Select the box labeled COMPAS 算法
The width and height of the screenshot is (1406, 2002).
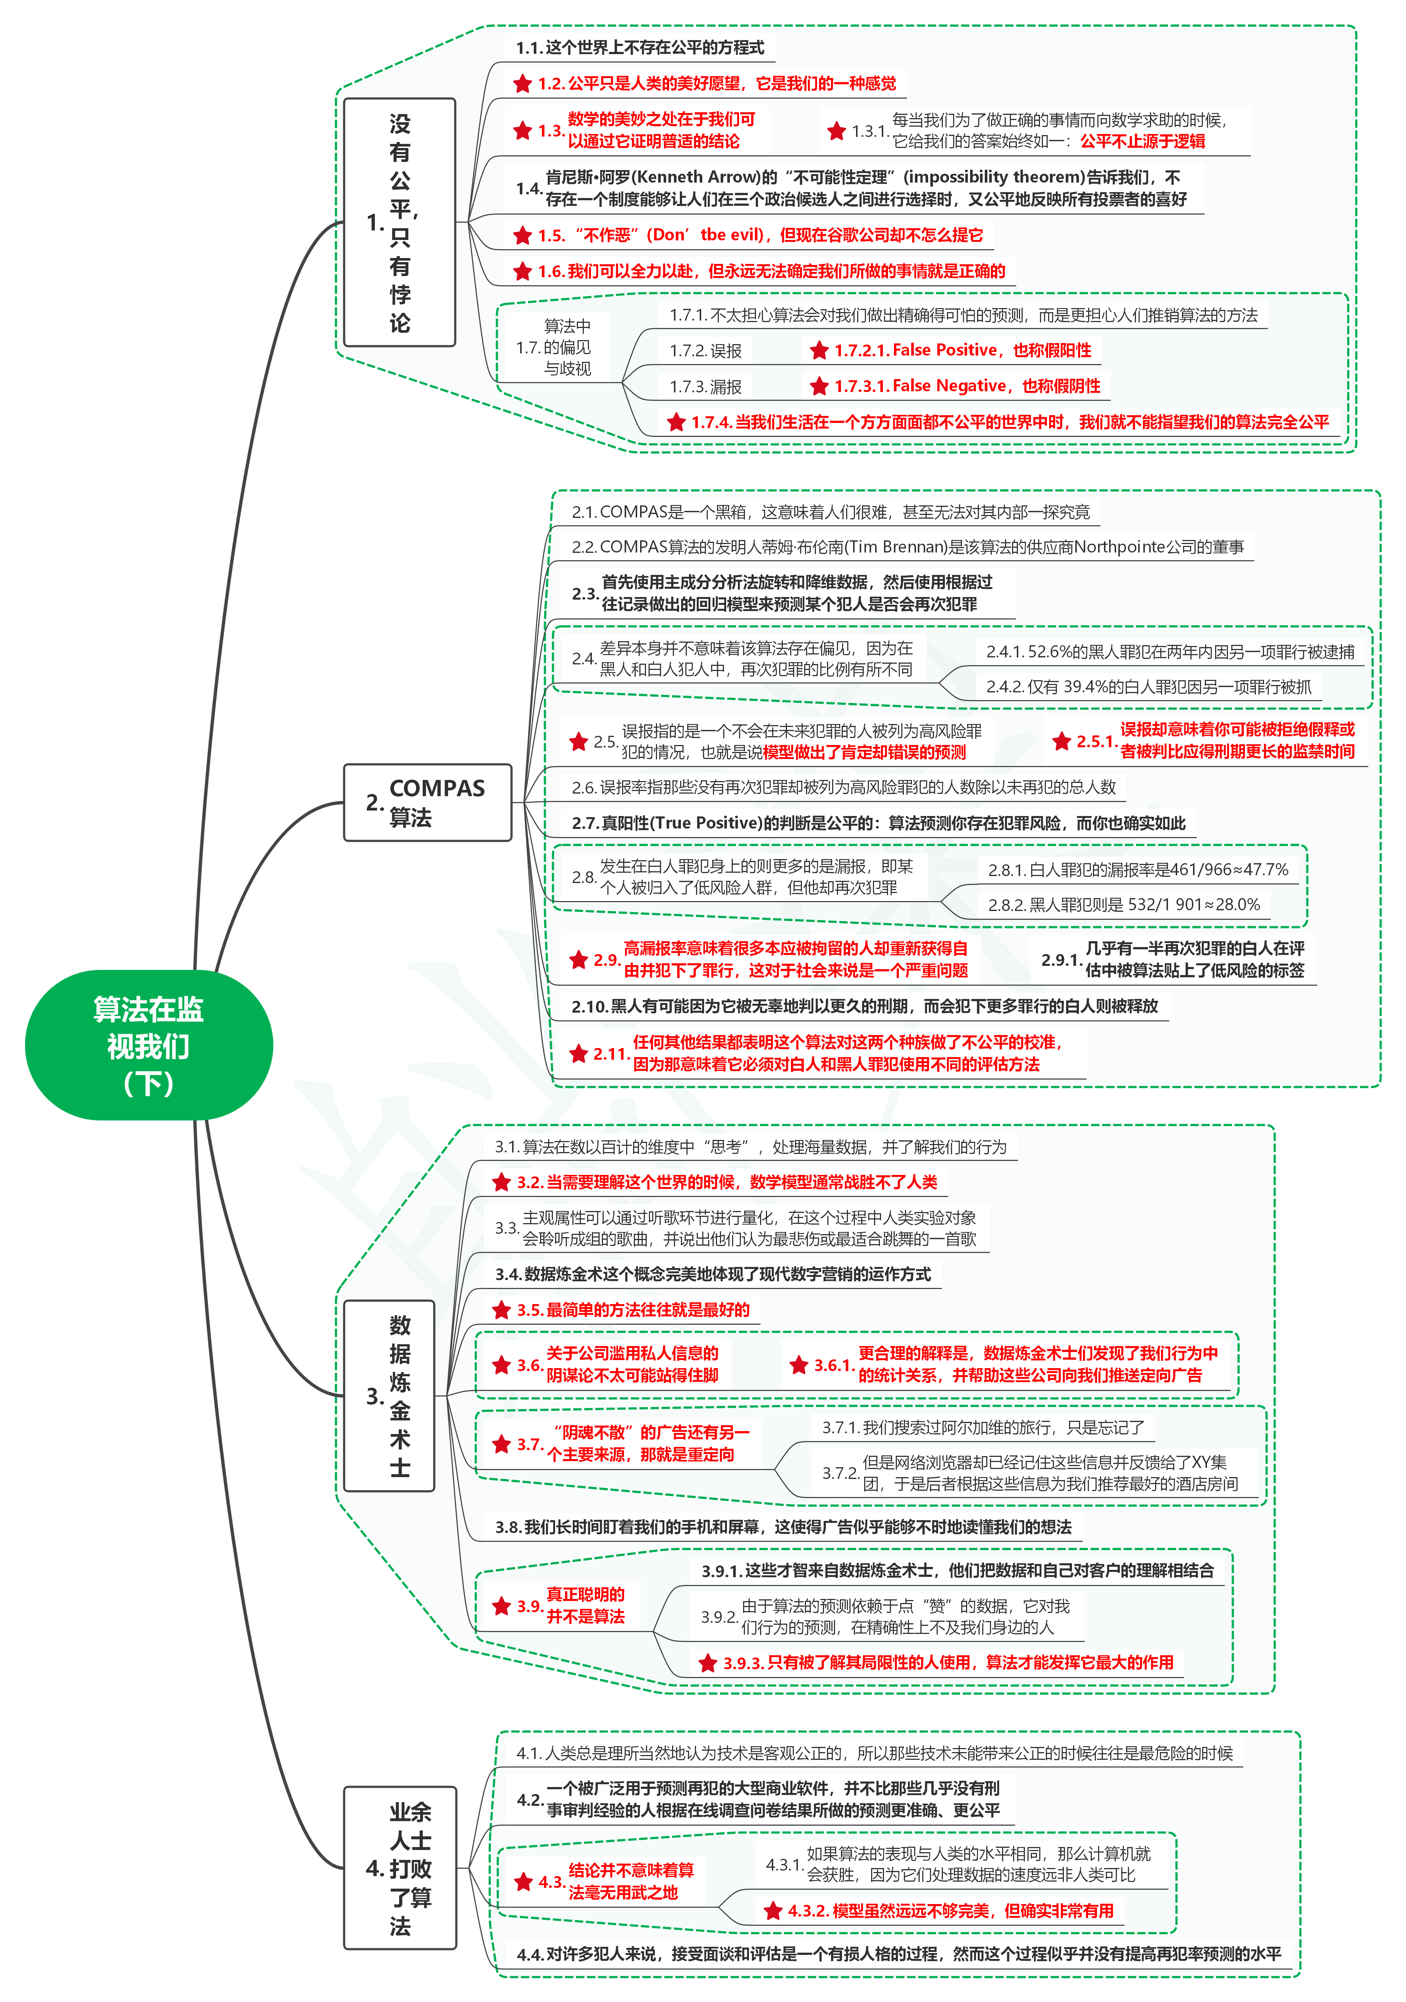[427, 802]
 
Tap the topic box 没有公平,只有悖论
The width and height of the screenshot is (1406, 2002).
[399, 222]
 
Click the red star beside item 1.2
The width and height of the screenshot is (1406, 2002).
[522, 84]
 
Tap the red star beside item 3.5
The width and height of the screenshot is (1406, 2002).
[501, 1310]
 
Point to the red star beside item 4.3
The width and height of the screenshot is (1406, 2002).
[523, 1882]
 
